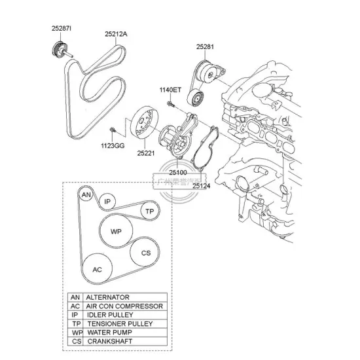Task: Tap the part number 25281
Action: click(x=206, y=46)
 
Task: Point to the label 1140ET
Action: click(x=169, y=90)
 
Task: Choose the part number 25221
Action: click(x=146, y=153)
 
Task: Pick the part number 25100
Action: click(x=178, y=173)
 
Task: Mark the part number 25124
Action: click(x=201, y=186)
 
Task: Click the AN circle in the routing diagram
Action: click(x=86, y=195)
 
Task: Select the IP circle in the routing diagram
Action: click(x=108, y=201)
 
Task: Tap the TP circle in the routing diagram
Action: click(x=150, y=211)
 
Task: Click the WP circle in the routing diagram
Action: click(x=116, y=232)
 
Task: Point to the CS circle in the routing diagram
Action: click(x=145, y=253)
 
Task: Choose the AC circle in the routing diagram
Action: click(x=97, y=269)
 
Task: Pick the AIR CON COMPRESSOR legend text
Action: click(x=124, y=306)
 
